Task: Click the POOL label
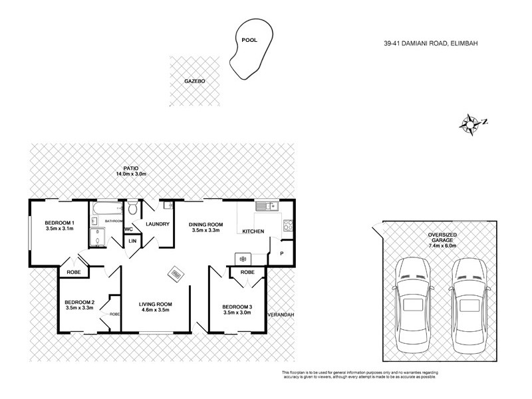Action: pos(249,40)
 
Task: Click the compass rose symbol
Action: pos(471,122)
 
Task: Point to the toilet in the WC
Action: pos(132,208)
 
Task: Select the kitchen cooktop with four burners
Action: pos(289,225)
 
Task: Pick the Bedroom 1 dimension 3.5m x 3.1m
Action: pos(59,229)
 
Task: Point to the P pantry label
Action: pos(281,253)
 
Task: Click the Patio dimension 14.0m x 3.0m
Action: pos(130,174)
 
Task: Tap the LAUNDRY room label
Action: pos(158,224)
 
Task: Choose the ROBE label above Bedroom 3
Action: pos(247,272)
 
